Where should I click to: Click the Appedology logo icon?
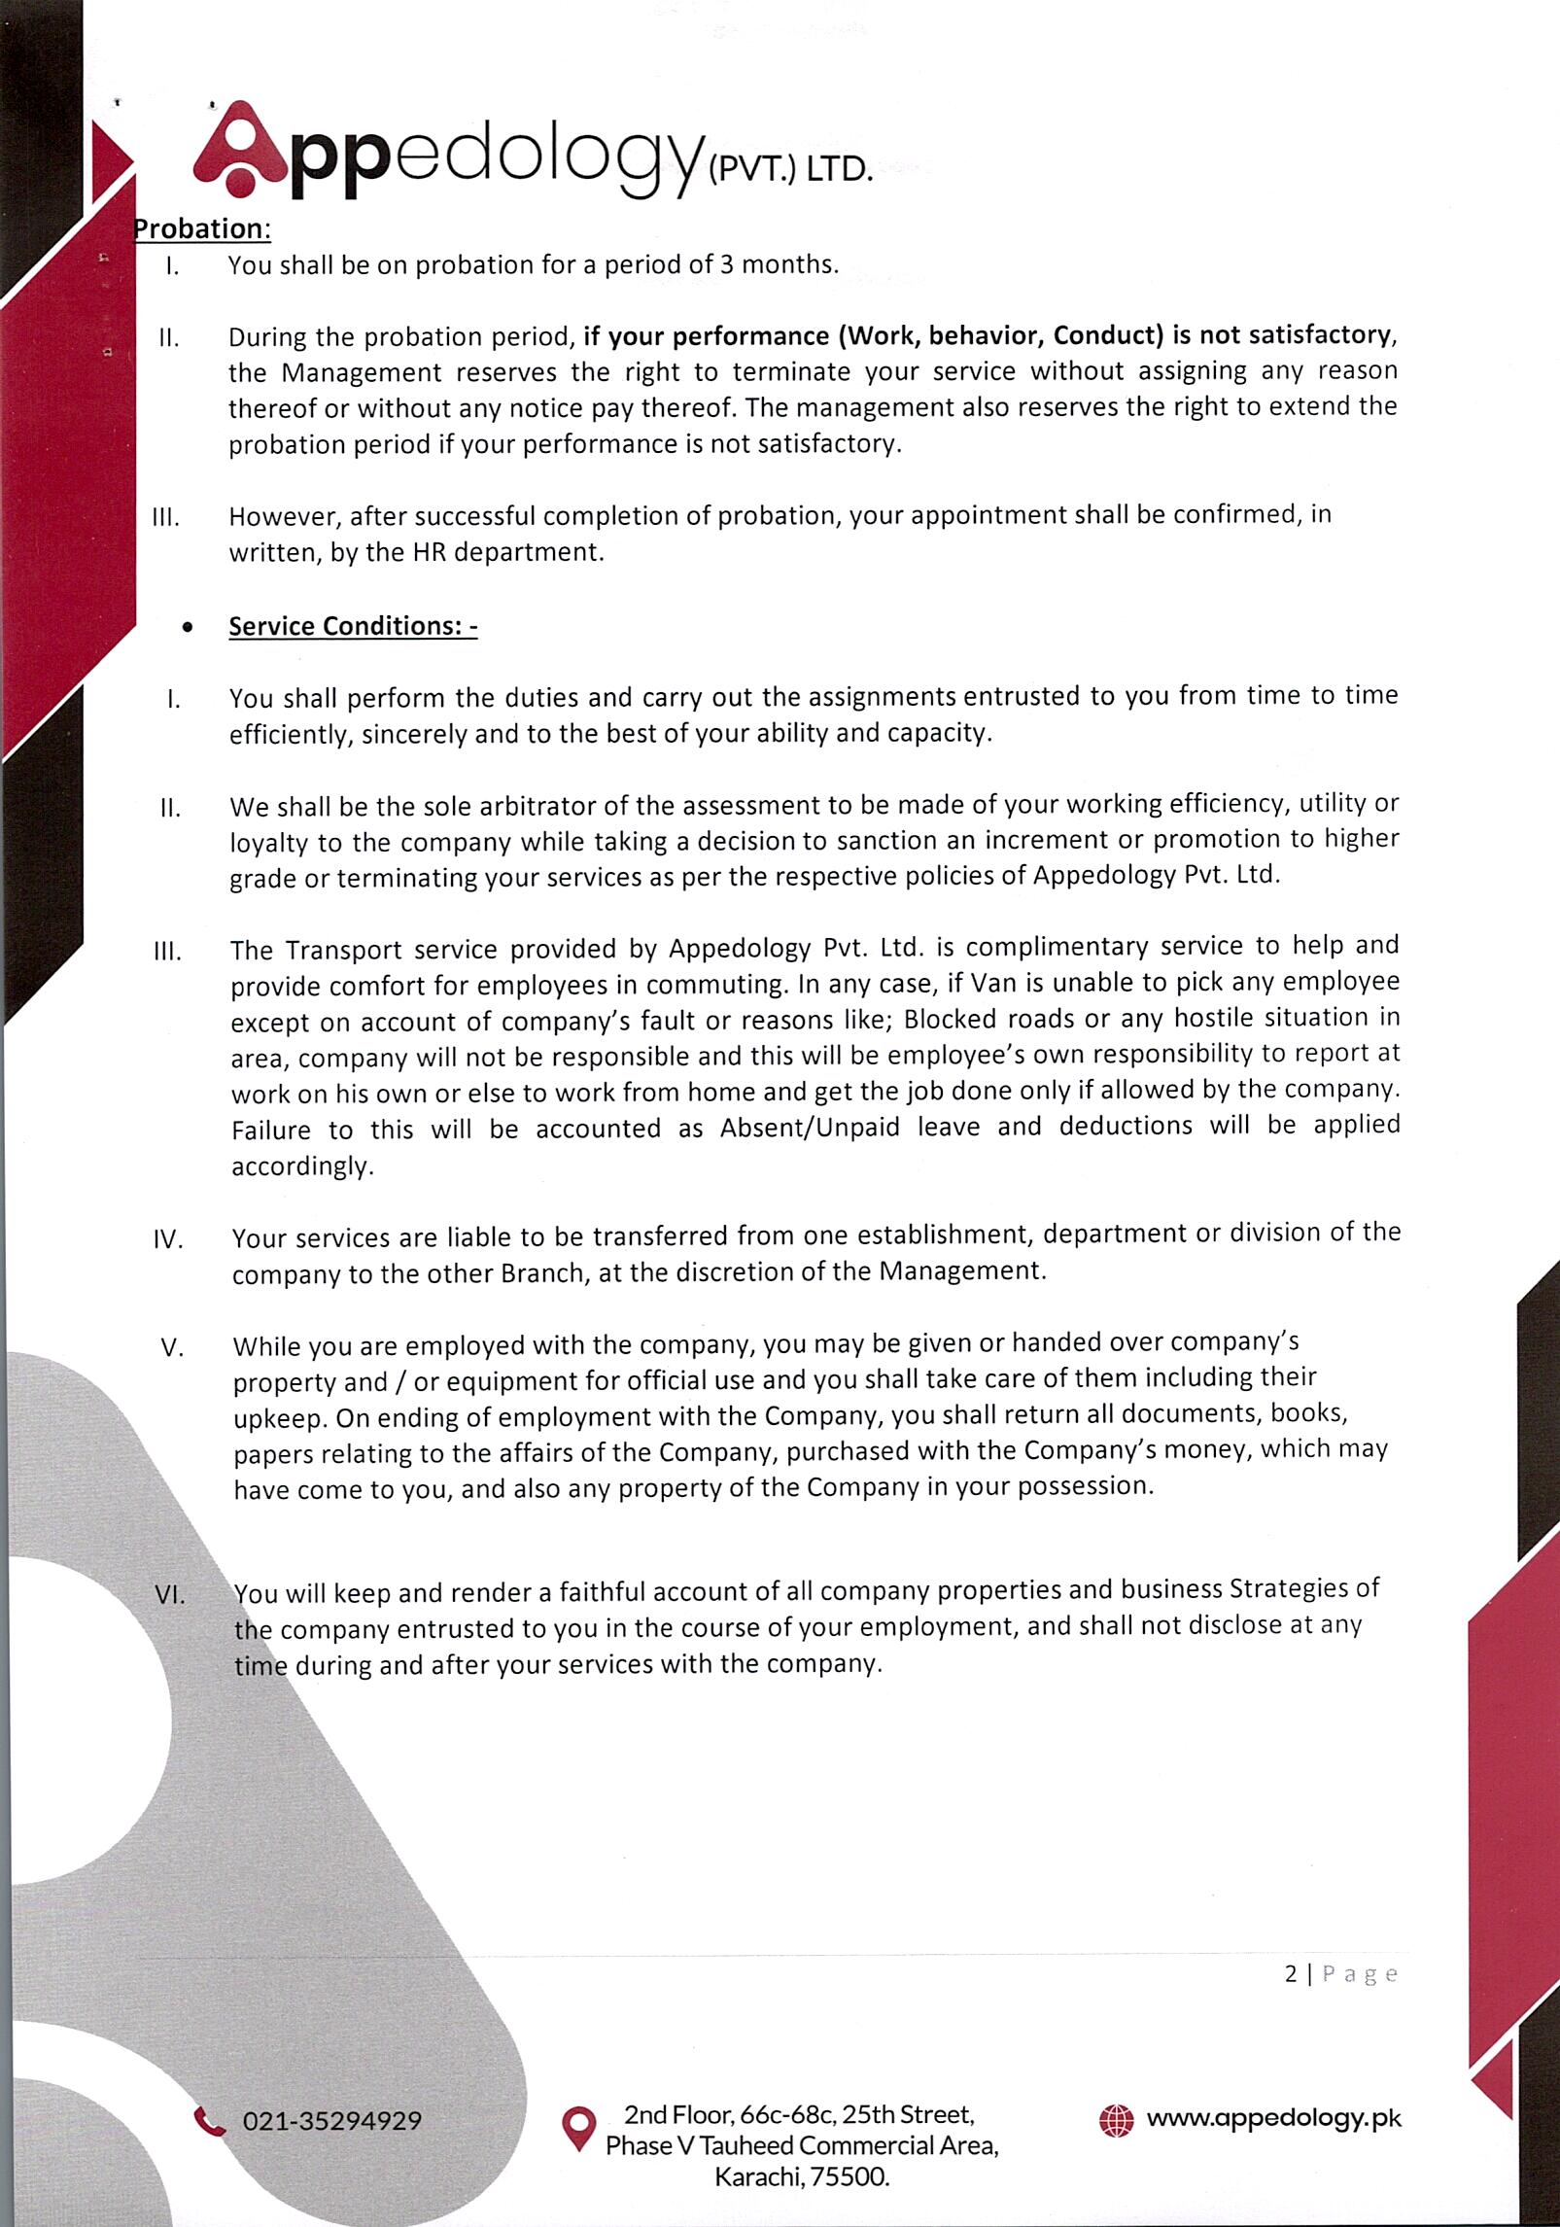(239, 146)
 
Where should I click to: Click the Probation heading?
(201, 229)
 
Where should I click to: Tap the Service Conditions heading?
(353, 626)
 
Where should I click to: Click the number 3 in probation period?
(725, 264)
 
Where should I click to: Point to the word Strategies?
(1292, 1588)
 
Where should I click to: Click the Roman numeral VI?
(170, 1595)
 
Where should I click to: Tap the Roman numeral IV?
(168, 1241)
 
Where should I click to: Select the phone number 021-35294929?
(331, 2121)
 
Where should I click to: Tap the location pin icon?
(579, 2127)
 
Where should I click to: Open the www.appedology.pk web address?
(1274, 2118)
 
